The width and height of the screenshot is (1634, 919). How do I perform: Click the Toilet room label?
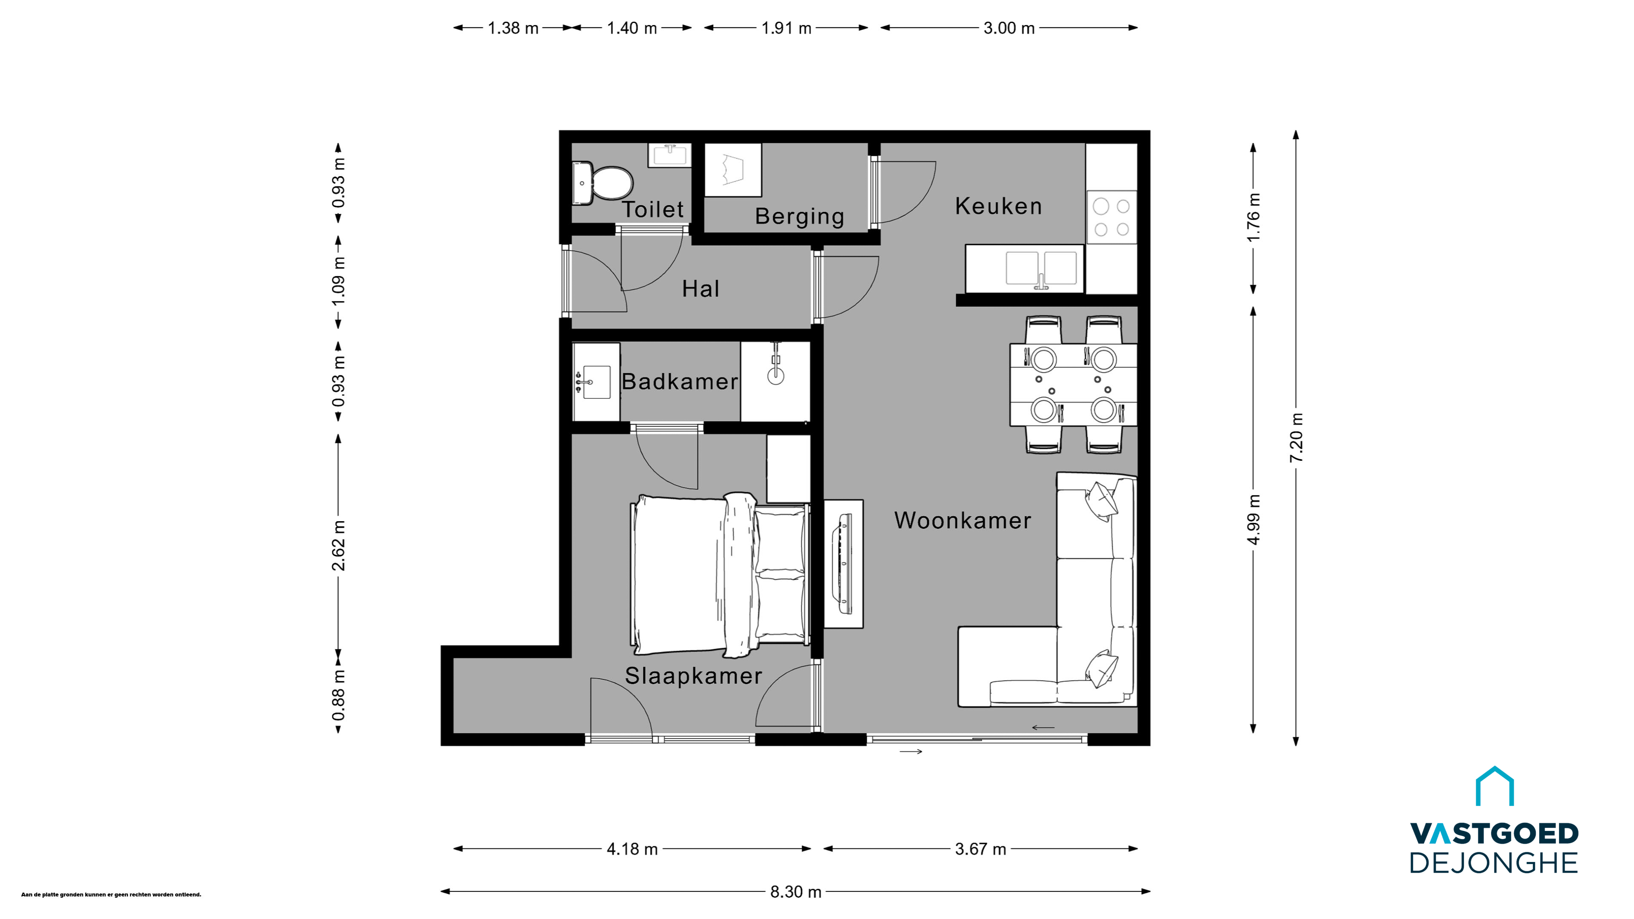[653, 209]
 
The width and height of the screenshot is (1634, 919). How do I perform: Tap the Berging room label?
[799, 216]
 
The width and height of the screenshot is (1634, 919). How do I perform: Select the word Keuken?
[998, 206]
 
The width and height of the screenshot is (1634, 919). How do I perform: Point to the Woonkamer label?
[962, 521]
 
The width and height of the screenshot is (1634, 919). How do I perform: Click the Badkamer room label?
[680, 381]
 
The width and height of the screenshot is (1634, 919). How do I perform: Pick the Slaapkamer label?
[693, 676]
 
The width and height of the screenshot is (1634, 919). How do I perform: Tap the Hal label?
[700, 288]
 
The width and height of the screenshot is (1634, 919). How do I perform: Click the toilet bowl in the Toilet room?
[603, 183]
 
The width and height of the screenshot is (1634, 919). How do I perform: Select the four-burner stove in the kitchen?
[1111, 217]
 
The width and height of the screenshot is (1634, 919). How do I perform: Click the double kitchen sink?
[1041, 269]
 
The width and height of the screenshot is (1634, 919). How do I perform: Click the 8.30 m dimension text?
[795, 892]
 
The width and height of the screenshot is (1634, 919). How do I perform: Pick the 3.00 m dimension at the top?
[1008, 29]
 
